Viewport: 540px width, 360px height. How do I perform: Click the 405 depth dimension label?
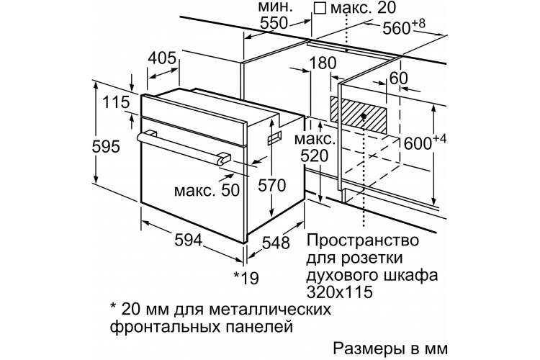point(162,58)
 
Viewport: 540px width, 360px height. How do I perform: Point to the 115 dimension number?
point(116,102)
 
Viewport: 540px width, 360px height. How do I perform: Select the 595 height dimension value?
point(106,147)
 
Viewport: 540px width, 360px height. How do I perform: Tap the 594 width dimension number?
point(188,240)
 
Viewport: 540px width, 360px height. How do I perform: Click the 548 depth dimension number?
point(276,243)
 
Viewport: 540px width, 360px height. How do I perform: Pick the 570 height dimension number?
point(272,186)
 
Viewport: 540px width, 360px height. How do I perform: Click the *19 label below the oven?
point(246,277)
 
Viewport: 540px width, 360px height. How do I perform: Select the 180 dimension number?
point(323,63)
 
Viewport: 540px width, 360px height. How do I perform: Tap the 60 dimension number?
point(398,78)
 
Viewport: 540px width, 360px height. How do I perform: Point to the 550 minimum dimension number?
point(274,23)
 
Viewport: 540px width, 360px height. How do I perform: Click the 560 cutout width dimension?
point(404,27)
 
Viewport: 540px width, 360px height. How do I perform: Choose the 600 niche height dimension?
point(425,143)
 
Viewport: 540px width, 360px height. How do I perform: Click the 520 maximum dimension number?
point(315,156)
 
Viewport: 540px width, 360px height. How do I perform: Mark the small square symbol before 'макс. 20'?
point(320,8)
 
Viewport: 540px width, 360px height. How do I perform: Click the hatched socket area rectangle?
point(359,115)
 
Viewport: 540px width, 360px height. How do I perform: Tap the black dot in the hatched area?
point(364,117)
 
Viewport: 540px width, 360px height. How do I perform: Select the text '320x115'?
point(340,292)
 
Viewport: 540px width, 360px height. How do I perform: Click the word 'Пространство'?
point(362,240)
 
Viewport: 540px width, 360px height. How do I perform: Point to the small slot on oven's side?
point(274,137)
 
